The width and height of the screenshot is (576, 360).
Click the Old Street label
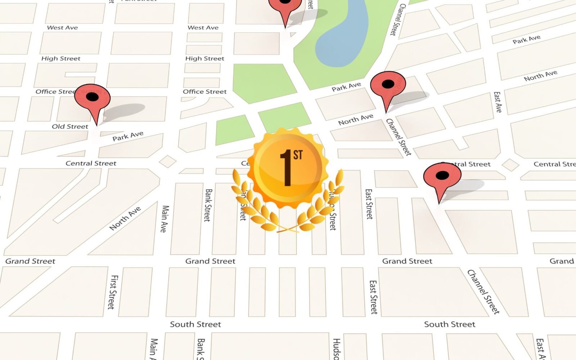click(x=70, y=126)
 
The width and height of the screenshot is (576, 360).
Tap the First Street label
click(x=113, y=292)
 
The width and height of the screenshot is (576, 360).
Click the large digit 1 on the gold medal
click(x=287, y=168)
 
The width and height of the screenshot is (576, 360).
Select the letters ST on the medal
click(x=298, y=155)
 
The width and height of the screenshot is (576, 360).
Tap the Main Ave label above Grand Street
click(x=165, y=219)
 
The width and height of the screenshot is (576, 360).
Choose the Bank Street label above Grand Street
click(x=208, y=205)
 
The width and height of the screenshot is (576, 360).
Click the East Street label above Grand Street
click(x=369, y=204)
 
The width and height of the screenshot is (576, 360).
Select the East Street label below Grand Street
click(x=374, y=297)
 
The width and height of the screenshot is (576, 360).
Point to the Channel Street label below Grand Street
click(x=483, y=292)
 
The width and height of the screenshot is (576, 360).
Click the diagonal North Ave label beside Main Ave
click(x=125, y=218)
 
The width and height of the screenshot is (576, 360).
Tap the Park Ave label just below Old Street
click(x=128, y=136)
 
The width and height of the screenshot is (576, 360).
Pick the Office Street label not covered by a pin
click(x=204, y=91)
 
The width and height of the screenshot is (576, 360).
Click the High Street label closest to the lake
click(x=204, y=58)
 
